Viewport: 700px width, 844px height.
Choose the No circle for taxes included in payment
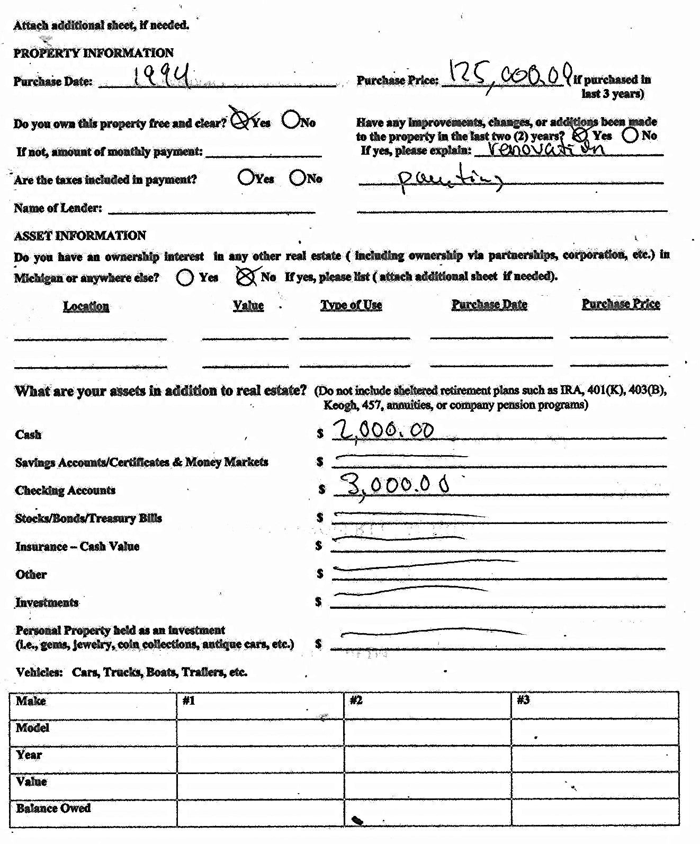click(x=297, y=177)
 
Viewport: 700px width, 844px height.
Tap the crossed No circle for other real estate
click(x=245, y=276)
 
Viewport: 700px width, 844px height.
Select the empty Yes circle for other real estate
click(x=184, y=277)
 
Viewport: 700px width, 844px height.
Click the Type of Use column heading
click(x=351, y=305)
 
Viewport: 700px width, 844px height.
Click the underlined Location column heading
click(x=86, y=306)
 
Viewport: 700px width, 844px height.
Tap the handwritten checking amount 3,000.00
click(x=394, y=485)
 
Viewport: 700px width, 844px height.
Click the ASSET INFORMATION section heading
click(x=80, y=235)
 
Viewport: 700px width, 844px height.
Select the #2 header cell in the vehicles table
click(x=427, y=704)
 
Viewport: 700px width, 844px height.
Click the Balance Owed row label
click(x=53, y=808)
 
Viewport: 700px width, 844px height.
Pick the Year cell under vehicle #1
click(x=260, y=758)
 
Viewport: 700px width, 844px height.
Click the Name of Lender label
click(x=58, y=208)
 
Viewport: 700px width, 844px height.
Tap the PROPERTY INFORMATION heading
click(x=93, y=53)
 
